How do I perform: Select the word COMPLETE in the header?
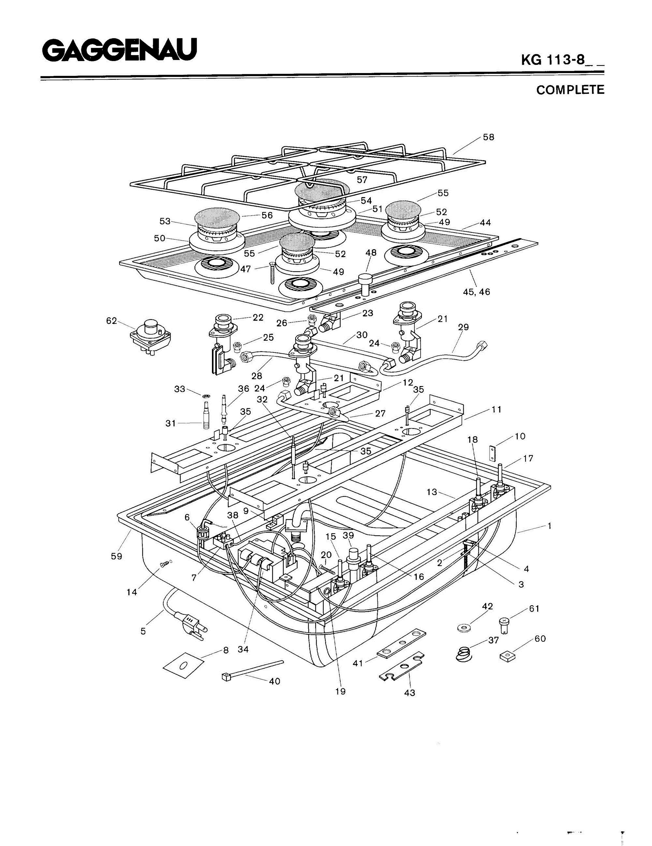pos(570,90)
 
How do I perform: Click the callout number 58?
pos(488,137)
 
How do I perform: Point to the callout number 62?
pos(111,321)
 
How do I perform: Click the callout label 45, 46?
pos(477,292)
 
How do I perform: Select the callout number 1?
pos(549,526)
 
